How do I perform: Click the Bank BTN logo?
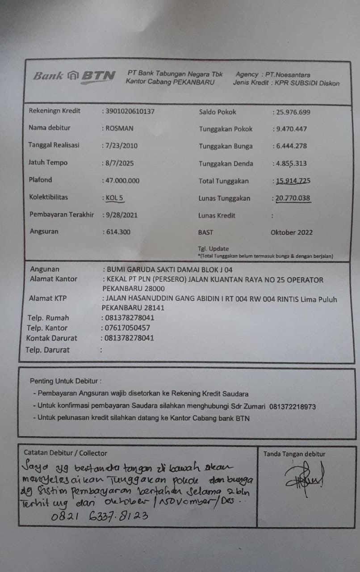pyautogui.click(x=74, y=76)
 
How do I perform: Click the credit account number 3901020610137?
pyautogui.click(x=129, y=111)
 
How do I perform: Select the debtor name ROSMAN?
pyautogui.click(x=119, y=128)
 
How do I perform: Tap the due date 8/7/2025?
pyautogui.click(x=118, y=163)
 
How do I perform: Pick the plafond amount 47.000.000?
pyautogui.click(x=122, y=181)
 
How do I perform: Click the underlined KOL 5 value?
pyautogui.click(x=110, y=198)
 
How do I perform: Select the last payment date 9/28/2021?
pyautogui.click(x=121, y=215)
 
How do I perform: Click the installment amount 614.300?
pyautogui.click(x=118, y=232)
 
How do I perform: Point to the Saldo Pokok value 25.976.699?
pyautogui.click(x=293, y=112)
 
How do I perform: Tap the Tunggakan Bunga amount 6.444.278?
pyautogui.click(x=291, y=146)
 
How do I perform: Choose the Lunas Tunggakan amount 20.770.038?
pyautogui.click(x=293, y=198)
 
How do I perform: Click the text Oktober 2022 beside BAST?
pyautogui.click(x=292, y=232)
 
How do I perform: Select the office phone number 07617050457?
pyautogui.click(x=128, y=328)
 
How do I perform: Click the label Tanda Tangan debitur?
pyautogui.click(x=294, y=454)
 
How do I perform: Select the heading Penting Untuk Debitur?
pyautogui.click(x=65, y=381)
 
